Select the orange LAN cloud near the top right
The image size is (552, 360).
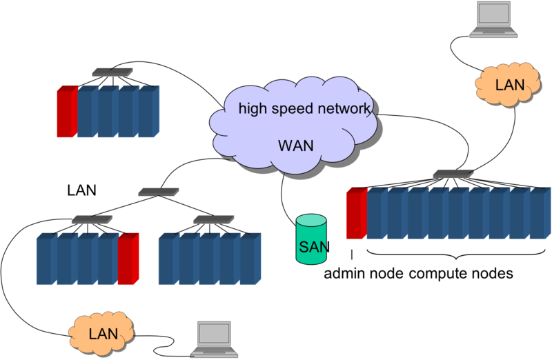tap(509, 84)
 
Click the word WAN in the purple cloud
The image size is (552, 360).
tap(295, 146)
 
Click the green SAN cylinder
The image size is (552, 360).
tap(311, 239)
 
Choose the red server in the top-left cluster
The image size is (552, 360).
tap(66, 112)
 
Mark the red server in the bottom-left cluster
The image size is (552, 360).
tap(128, 259)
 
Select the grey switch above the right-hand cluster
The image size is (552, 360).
tap(453, 174)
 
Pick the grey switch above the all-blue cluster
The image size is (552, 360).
tap(209, 219)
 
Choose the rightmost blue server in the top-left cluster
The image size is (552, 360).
tap(148, 112)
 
